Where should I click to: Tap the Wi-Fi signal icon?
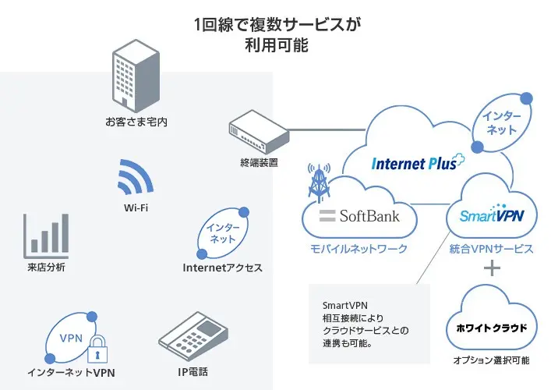click(x=135, y=179)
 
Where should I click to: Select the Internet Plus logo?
click(x=417, y=163)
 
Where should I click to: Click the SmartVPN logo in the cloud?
click(x=491, y=214)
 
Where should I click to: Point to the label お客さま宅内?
click(x=137, y=122)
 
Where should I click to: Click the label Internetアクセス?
click(x=222, y=268)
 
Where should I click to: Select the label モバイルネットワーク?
click(x=359, y=249)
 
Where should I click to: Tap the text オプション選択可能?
click(x=491, y=361)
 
